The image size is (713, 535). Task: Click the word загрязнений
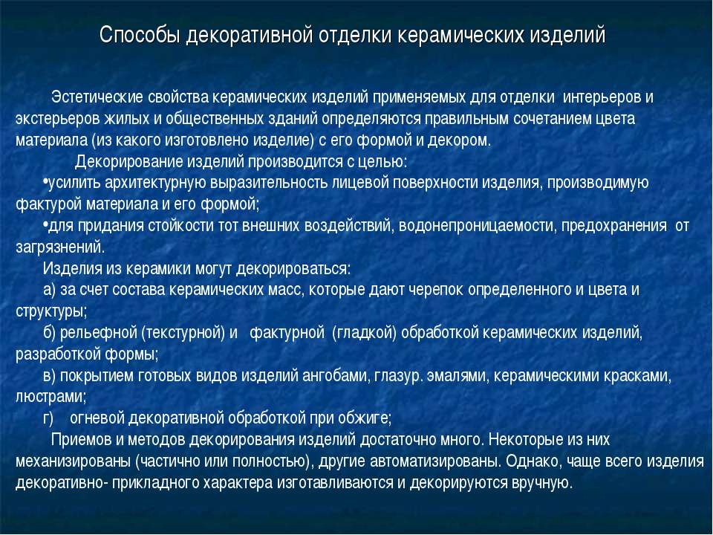[60, 247]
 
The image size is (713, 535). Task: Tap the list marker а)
[51, 290]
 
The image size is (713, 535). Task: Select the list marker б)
[51, 332]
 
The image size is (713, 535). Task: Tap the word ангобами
[334, 375]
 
